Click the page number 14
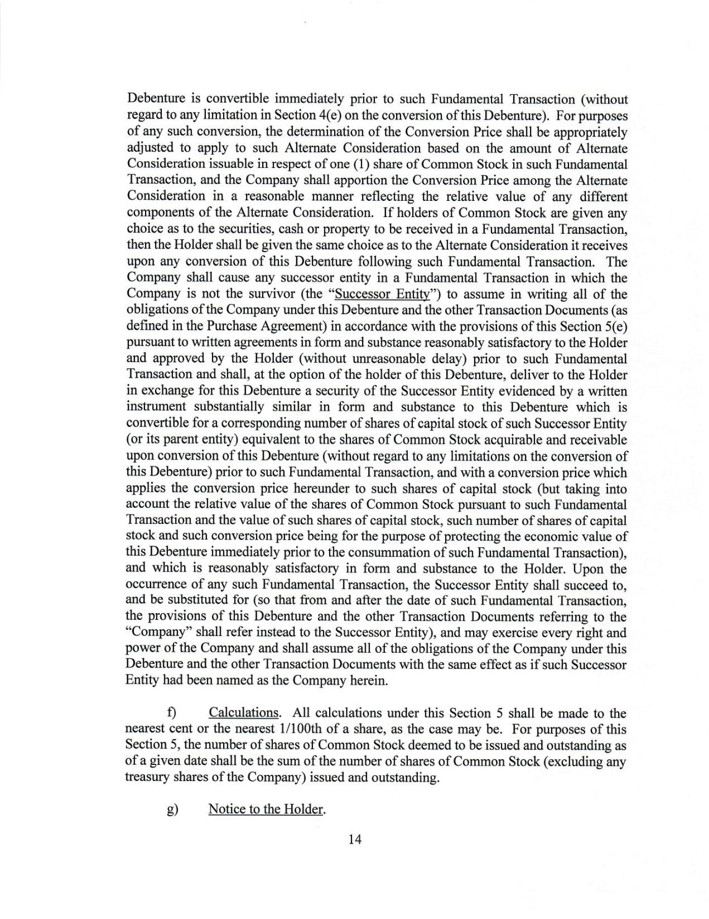click(355, 839)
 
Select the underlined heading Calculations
click(243, 713)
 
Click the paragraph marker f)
click(171, 713)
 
